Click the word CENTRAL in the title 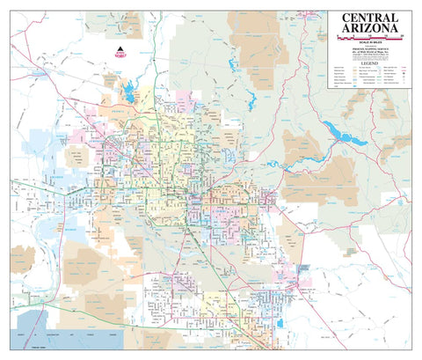pos(368,18)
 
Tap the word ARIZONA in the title pos(368,33)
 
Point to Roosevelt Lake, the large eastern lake pos(338,131)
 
